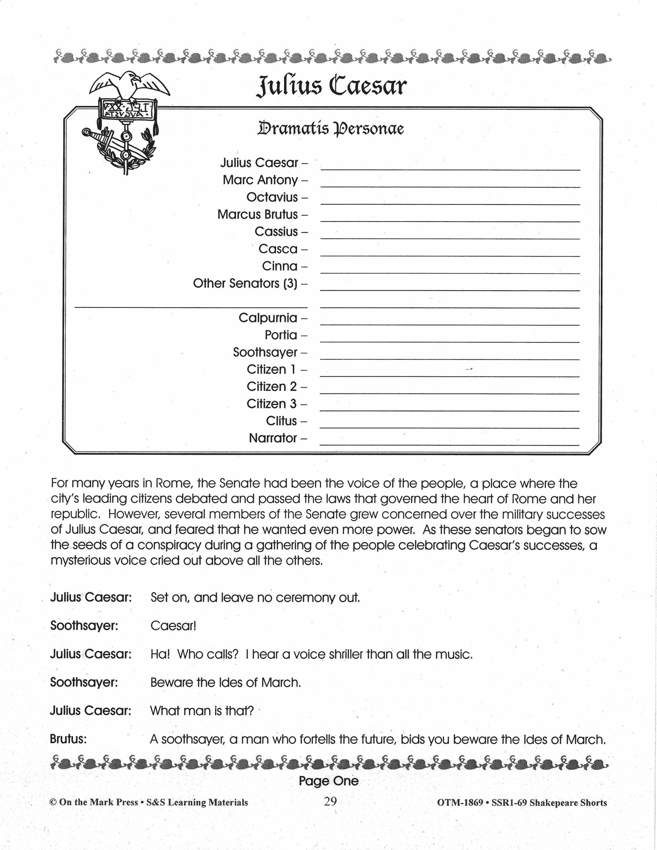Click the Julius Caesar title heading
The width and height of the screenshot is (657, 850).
click(x=331, y=86)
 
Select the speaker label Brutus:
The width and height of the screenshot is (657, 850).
click(x=68, y=739)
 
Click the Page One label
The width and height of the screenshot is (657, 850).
click(x=328, y=781)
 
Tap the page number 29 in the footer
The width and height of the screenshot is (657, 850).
click(x=330, y=802)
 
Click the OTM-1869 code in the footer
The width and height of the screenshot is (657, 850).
click(x=460, y=803)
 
